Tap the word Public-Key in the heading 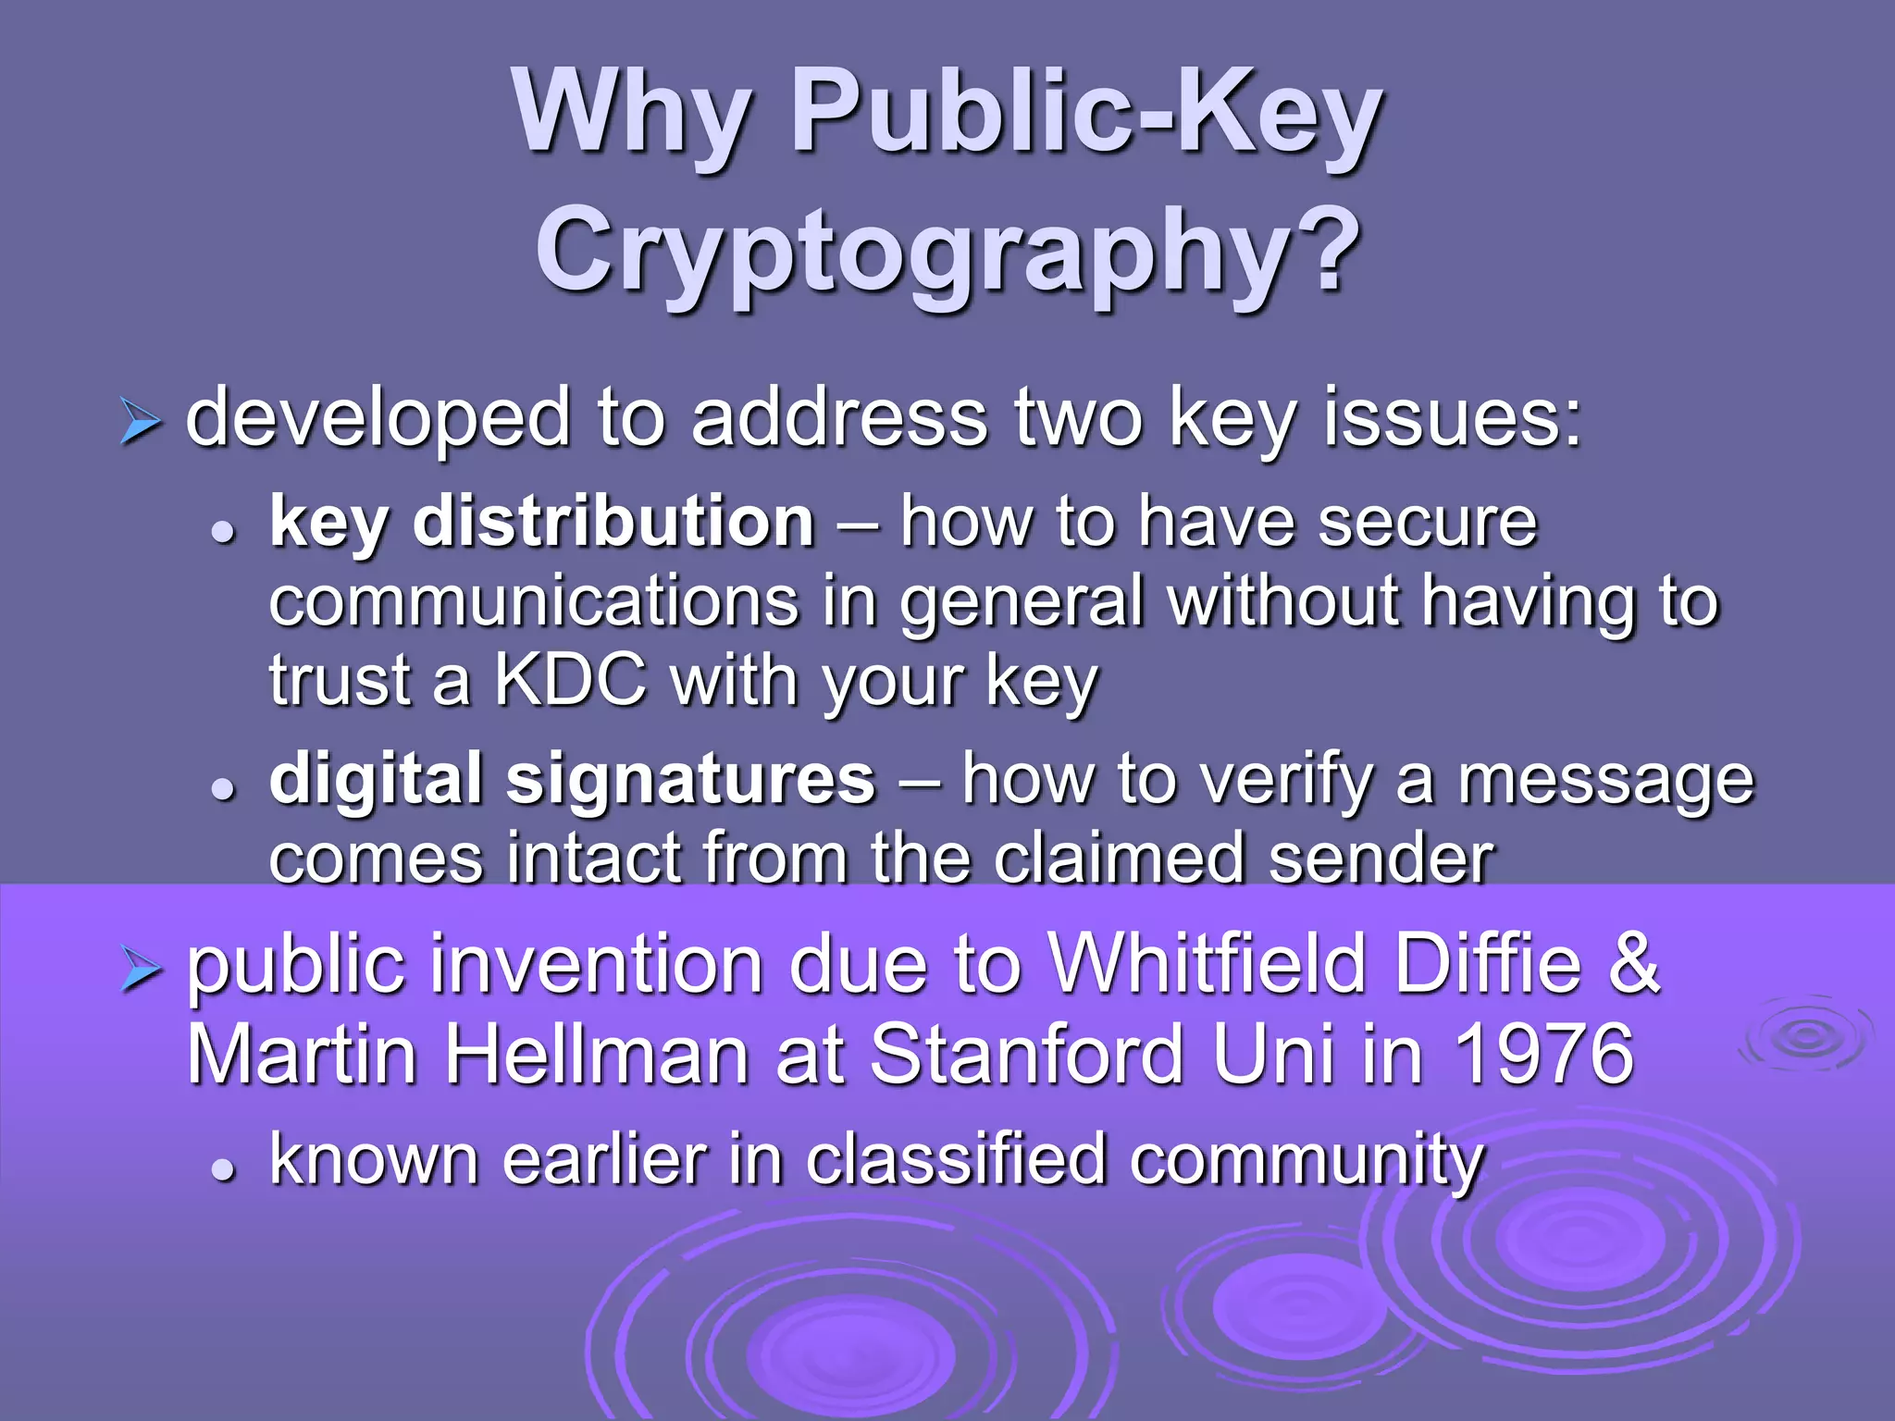pyautogui.click(x=1086, y=113)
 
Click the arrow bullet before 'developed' pyautogui.click(x=141, y=425)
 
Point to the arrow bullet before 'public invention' pyautogui.click(x=141, y=971)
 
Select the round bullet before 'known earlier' pyautogui.click(x=222, y=1169)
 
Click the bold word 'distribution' pyautogui.click(x=613, y=523)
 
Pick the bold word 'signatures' pyautogui.click(x=690, y=779)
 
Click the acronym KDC pyautogui.click(x=570, y=681)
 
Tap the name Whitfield pyautogui.click(x=1208, y=964)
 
